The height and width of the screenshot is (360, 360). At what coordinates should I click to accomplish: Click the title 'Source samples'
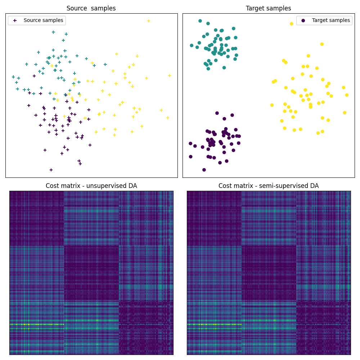[x=91, y=8]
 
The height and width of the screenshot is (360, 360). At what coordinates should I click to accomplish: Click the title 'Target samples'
[x=268, y=8]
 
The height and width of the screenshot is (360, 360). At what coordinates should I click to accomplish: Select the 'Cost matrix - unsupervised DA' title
[x=91, y=186]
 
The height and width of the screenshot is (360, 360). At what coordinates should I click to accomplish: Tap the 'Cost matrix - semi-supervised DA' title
[x=268, y=186]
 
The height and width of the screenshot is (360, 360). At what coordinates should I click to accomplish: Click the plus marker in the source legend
[x=15, y=21]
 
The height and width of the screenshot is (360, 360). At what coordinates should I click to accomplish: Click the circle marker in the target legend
[x=303, y=21]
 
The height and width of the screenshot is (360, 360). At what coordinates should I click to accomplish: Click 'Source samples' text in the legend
[x=43, y=21]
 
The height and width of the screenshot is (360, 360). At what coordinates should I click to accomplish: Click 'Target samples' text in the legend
[x=330, y=21]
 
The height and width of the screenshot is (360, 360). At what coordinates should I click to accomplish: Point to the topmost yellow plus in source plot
[x=148, y=21]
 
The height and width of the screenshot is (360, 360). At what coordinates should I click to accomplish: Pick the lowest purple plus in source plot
[x=51, y=170]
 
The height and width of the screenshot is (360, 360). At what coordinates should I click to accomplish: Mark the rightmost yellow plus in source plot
[x=170, y=76]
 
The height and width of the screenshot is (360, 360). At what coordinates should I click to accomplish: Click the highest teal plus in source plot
[x=53, y=32]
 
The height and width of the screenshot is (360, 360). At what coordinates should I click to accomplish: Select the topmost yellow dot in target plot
[x=292, y=24]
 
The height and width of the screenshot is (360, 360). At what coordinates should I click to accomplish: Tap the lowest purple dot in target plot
[x=204, y=170]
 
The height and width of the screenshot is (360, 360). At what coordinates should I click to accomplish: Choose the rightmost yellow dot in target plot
[x=347, y=95]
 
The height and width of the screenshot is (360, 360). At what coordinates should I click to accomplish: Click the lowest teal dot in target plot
[x=208, y=69]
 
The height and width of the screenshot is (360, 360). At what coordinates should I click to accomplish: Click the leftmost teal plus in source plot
[x=13, y=77]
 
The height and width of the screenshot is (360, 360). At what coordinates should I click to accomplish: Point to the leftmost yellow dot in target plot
[x=272, y=105]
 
